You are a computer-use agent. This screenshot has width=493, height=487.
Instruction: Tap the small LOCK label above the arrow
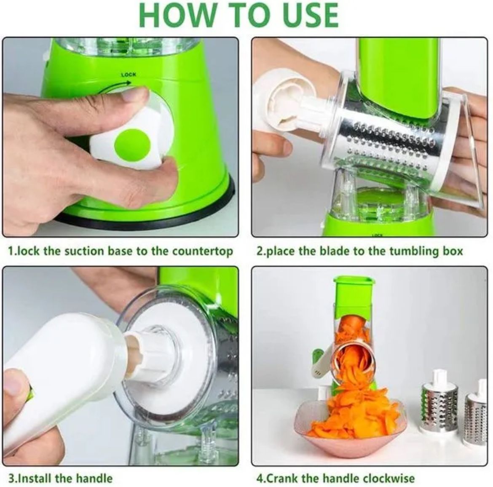point(129,75)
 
